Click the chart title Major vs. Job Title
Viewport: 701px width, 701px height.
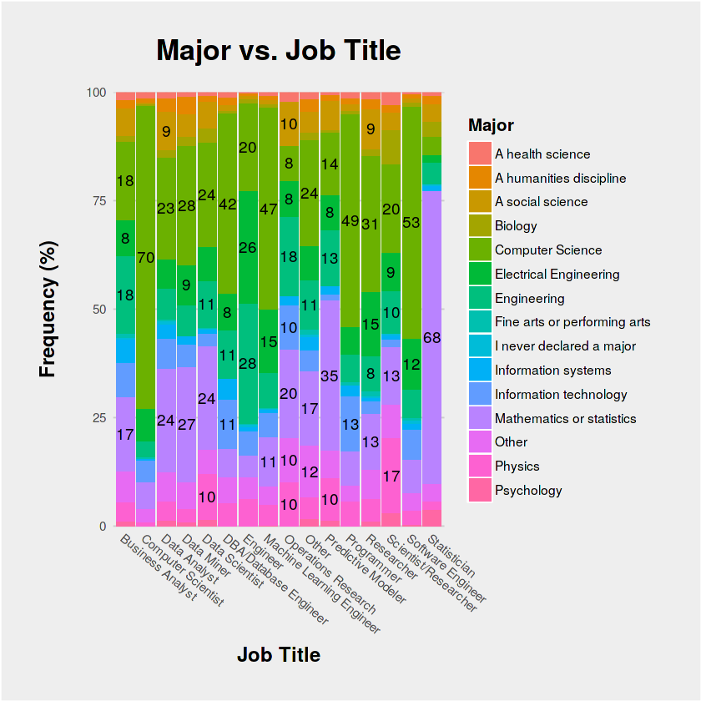tap(279, 51)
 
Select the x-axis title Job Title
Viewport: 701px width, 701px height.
tap(279, 655)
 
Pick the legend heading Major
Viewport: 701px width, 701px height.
tap(491, 126)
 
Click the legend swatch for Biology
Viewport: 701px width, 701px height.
tap(480, 226)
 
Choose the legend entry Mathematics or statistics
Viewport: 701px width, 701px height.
tap(565, 418)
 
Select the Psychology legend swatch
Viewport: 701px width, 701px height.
tap(480, 491)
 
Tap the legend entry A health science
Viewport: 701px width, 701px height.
tap(542, 154)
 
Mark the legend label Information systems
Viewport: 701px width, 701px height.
tap(552, 371)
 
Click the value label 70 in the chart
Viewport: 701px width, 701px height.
tap(145, 258)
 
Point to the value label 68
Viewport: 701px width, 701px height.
tap(432, 338)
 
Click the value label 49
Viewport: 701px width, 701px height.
tap(350, 221)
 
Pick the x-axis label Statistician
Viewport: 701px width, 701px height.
tap(456, 558)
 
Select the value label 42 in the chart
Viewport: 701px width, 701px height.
tap(228, 204)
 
